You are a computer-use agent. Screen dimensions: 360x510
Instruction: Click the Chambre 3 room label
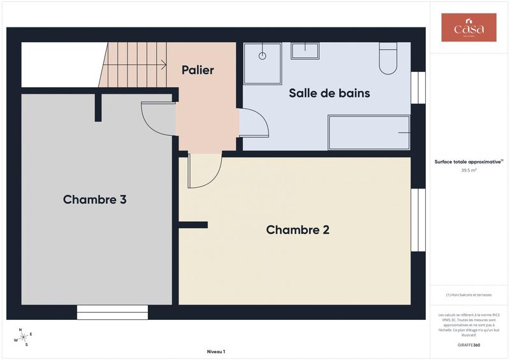(94, 199)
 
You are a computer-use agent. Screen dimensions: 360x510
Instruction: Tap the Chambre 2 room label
(298, 229)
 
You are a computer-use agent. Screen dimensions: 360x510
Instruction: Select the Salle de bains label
(329, 93)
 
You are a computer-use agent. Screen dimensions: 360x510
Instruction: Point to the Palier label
(198, 70)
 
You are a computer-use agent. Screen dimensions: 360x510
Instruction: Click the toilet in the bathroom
(388, 59)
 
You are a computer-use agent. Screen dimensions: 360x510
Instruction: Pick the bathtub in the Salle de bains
(368, 132)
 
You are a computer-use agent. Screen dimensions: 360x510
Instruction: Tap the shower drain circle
(262, 56)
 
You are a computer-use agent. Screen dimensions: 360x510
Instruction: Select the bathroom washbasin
(305, 50)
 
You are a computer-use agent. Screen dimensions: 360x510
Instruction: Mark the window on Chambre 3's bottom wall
(112, 312)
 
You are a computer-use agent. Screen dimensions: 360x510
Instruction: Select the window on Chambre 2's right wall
(418, 219)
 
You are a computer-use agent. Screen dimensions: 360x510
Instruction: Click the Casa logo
(469, 28)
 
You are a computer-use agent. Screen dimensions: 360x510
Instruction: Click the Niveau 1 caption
(216, 351)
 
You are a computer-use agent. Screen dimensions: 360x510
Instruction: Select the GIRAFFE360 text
(469, 345)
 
